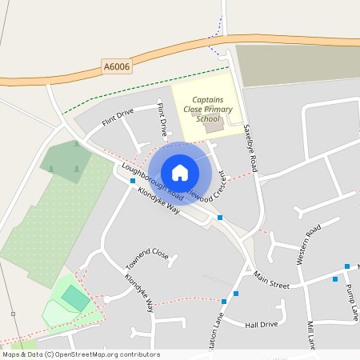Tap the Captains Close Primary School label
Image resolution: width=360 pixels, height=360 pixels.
click(208, 110)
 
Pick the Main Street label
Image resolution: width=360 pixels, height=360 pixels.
click(271, 279)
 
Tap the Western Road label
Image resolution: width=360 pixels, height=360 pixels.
click(308, 245)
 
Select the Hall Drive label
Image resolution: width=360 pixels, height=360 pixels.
click(262, 324)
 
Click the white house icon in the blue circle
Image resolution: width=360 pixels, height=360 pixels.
click(180, 172)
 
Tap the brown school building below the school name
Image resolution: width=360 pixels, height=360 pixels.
click(211, 125)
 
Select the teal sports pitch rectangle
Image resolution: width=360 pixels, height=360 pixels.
click(76, 298)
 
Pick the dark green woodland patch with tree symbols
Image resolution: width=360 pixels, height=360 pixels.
click(65, 162)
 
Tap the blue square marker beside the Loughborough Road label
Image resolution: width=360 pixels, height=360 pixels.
click(133, 182)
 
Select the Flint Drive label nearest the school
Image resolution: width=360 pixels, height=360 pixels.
click(163, 119)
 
